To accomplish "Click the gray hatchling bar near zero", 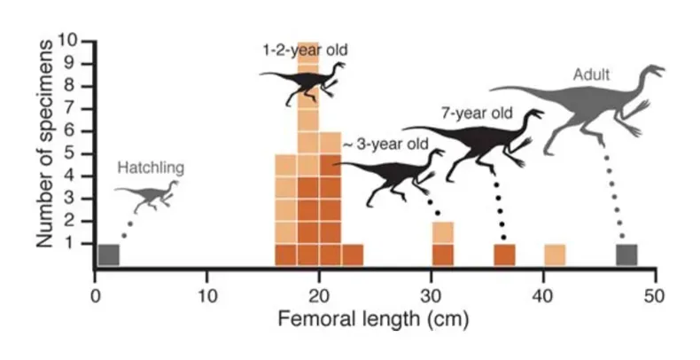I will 108,254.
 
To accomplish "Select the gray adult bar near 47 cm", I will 626,254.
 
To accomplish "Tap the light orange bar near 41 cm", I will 555,254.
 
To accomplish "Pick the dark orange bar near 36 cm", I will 504,254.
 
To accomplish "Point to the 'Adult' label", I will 591,74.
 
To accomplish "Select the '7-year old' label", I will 476,113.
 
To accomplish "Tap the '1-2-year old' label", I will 305,51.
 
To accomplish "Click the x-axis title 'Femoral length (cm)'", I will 374,317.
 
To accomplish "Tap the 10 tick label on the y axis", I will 69,41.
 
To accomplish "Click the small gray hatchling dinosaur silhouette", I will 150,196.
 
